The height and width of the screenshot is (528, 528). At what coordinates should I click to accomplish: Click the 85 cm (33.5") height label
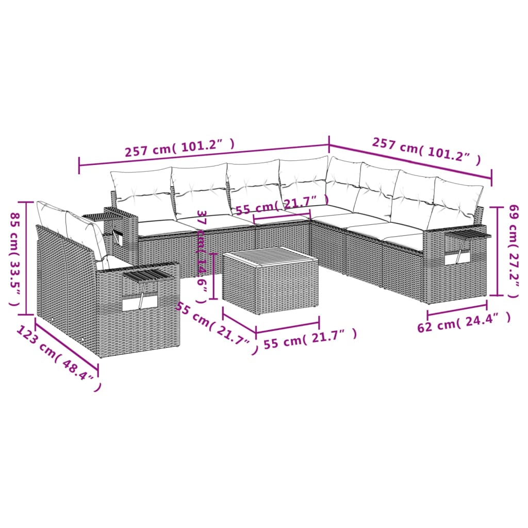coord(16,258)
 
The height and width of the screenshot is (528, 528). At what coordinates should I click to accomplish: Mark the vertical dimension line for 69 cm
coord(497,251)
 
